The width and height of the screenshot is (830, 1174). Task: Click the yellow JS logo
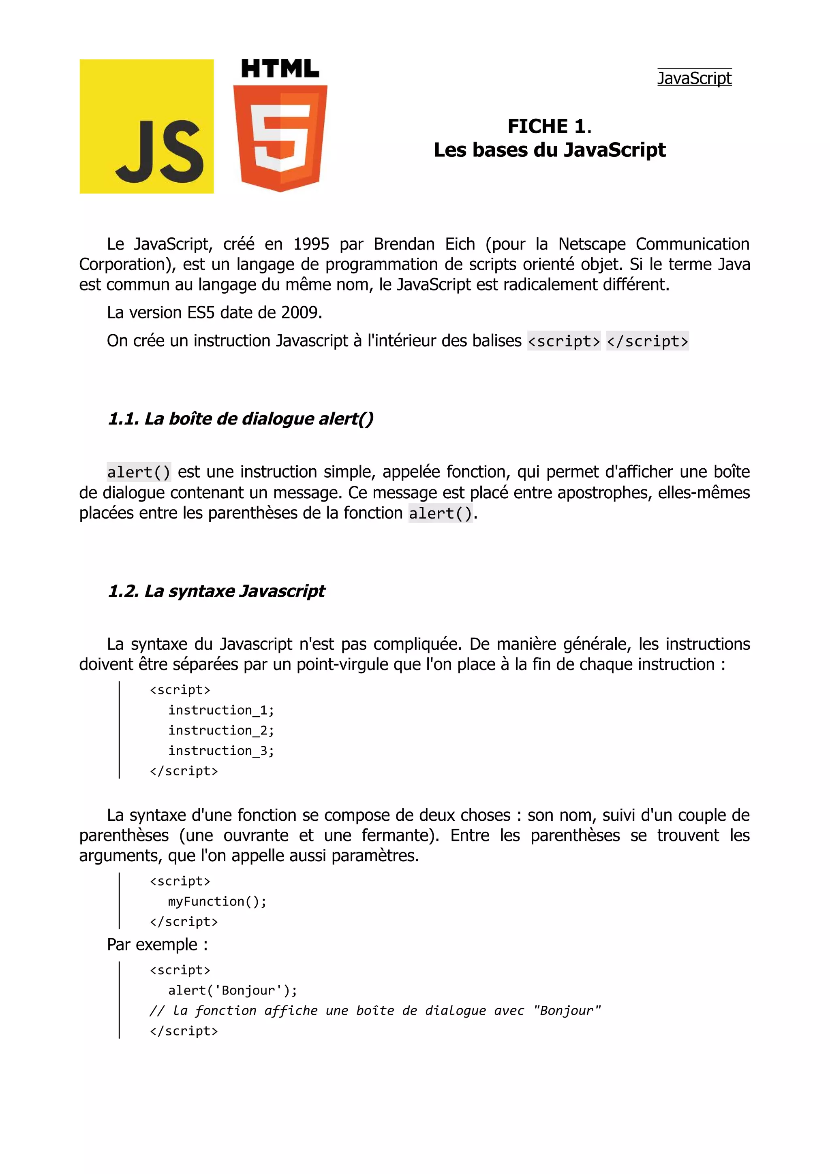coord(146,126)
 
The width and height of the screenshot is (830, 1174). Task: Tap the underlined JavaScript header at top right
coord(694,78)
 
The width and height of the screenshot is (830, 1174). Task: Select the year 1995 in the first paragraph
coord(311,244)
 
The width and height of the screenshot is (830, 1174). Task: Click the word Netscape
coord(592,244)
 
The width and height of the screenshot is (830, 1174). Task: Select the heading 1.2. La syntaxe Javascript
coord(216,591)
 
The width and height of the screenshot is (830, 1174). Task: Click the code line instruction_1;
coord(221,710)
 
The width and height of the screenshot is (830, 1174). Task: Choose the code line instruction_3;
coord(221,751)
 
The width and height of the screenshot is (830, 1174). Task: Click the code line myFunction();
coord(217,901)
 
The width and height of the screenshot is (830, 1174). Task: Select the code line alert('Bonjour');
coord(233,990)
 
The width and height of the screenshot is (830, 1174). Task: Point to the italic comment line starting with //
coord(375,1011)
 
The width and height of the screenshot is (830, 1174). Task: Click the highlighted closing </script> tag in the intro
coord(648,341)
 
